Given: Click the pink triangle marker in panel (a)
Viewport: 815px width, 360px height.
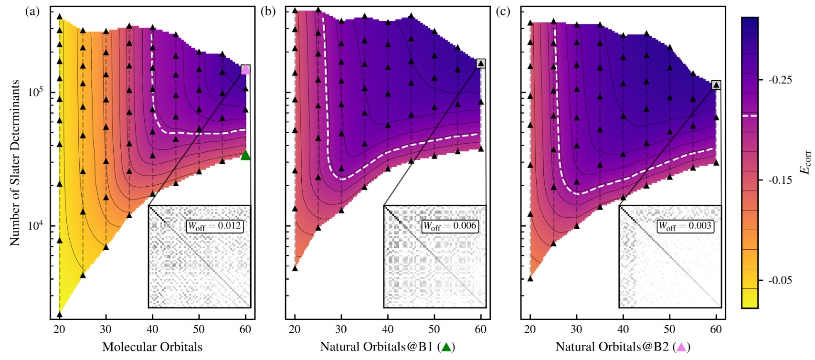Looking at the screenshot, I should (245, 70).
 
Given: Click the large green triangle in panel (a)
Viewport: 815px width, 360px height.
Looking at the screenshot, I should (245, 155).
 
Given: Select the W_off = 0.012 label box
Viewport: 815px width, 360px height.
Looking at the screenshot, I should (215, 226).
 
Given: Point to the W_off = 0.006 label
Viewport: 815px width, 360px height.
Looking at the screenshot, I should (450, 226).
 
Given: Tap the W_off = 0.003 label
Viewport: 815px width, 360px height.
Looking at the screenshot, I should (685, 226).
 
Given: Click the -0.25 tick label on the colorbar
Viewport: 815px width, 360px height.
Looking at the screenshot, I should (780, 80).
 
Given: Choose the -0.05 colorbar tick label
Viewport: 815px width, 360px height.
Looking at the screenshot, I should (780, 280).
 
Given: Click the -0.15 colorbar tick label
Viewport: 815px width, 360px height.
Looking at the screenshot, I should (780, 180).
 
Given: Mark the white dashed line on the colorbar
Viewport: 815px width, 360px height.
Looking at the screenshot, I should (750, 116).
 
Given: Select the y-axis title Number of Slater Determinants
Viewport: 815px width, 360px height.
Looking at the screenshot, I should (15, 162).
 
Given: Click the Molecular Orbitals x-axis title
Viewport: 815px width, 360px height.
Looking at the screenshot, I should (152, 347).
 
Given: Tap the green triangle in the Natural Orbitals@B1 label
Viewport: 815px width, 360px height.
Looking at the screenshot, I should (446, 347).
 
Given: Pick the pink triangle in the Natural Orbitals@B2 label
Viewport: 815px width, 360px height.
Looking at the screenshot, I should (682, 347).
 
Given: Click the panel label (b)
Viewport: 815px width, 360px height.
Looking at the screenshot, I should (268, 11).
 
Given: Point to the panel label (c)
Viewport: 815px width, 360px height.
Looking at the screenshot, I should (503, 11).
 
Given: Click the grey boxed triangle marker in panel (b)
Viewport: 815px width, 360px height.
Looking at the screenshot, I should (481, 64).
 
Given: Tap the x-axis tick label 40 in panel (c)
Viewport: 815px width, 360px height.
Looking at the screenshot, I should (623, 329).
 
